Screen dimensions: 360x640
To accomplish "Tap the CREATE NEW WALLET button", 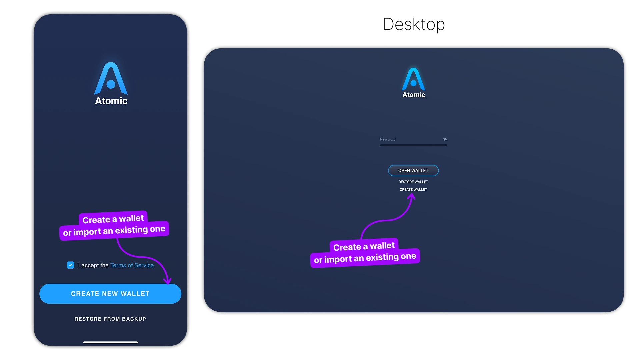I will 110,294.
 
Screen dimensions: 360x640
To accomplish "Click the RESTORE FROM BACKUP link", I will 110,319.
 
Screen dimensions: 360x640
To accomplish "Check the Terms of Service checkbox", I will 70,265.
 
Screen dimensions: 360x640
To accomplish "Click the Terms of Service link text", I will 132,265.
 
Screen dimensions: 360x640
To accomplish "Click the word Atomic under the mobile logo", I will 111,101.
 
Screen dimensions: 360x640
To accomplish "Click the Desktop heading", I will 414,24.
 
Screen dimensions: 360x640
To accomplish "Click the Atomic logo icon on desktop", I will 413,79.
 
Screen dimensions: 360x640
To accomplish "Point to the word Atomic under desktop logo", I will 413,95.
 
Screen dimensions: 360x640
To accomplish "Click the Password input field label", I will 388,139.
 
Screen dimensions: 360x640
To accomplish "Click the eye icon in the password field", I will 444,139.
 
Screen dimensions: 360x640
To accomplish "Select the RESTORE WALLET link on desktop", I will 413,182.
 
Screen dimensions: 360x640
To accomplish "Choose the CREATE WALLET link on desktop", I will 413,190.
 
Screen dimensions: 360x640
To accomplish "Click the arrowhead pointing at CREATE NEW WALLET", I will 168,281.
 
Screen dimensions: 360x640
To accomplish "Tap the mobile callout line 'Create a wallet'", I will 113,219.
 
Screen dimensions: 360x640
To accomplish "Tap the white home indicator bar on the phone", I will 110,342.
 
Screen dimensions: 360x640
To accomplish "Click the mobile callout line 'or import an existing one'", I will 114,230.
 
